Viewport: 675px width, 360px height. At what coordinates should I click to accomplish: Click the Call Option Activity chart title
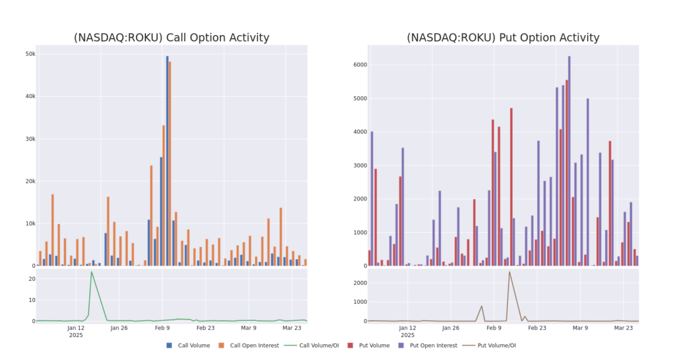[171, 38]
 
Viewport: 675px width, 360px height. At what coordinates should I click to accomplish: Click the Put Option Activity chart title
[503, 38]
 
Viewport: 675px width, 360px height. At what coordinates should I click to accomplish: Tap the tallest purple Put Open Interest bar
[569, 162]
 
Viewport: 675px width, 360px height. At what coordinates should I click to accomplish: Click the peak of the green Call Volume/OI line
[91, 272]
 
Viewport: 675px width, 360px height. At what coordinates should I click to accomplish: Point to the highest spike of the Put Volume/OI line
[509, 272]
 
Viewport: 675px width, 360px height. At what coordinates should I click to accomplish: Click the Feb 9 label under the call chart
[161, 328]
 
